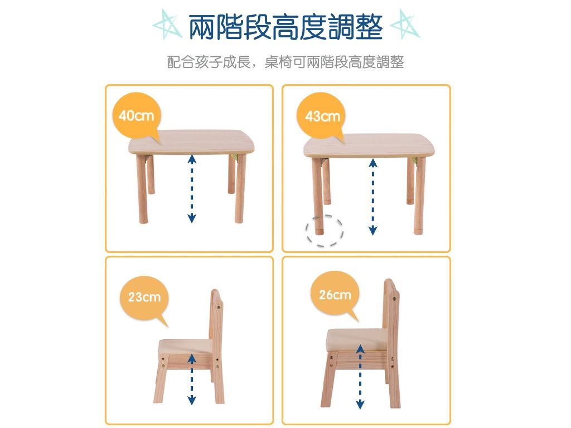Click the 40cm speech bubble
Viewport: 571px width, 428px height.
pyautogui.click(x=136, y=116)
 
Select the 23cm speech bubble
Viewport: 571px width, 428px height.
pyautogui.click(x=144, y=297)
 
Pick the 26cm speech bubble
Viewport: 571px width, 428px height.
pyautogui.click(x=335, y=295)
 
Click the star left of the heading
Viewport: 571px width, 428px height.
pyautogui.click(x=167, y=26)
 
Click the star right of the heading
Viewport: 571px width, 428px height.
pyautogui.click(x=404, y=26)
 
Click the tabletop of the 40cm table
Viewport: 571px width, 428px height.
pyautogui.click(x=192, y=142)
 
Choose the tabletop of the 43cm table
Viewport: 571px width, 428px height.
pyautogui.click(x=371, y=145)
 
